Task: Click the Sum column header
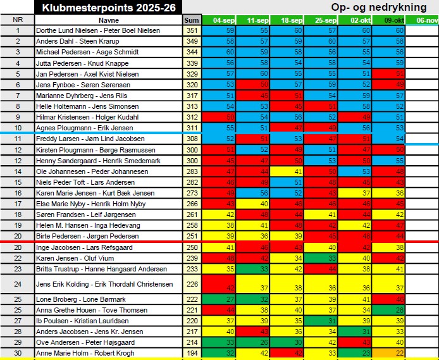pyautogui.click(x=191, y=20)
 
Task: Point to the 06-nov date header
pyautogui.click(x=422, y=20)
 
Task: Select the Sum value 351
pyautogui.click(x=191, y=30)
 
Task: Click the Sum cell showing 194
pyautogui.click(x=191, y=353)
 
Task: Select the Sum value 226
pyautogui.click(x=191, y=284)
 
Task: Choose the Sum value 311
pyautogui.click(x=191, y=128)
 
